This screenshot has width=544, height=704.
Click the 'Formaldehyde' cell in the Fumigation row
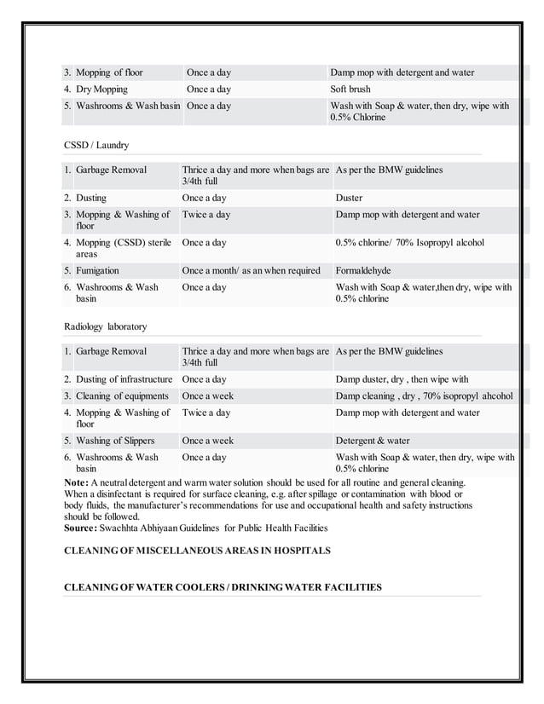pyautogui.click(x=363, y=271)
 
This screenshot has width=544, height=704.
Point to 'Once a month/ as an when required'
pyautogui.click(x=252, y=271)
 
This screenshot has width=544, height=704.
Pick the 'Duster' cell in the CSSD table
pyautogui.click(x=349, y=199)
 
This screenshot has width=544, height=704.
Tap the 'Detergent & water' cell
pyautogui.click(x=373, y=441)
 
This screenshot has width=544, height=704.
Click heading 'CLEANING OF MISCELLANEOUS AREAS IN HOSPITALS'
pyautogui.click(x=197, y=551)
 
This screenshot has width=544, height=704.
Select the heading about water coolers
pyautogui.click(x=223, y=587)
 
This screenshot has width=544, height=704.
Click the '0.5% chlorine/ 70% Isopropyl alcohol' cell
pyautogui.click(x=410, y=243)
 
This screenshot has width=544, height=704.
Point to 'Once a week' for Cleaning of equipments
pyautogui.click(x=207, y=396)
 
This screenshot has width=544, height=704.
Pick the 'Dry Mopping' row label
pyautogui.click(x=101, y=89)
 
